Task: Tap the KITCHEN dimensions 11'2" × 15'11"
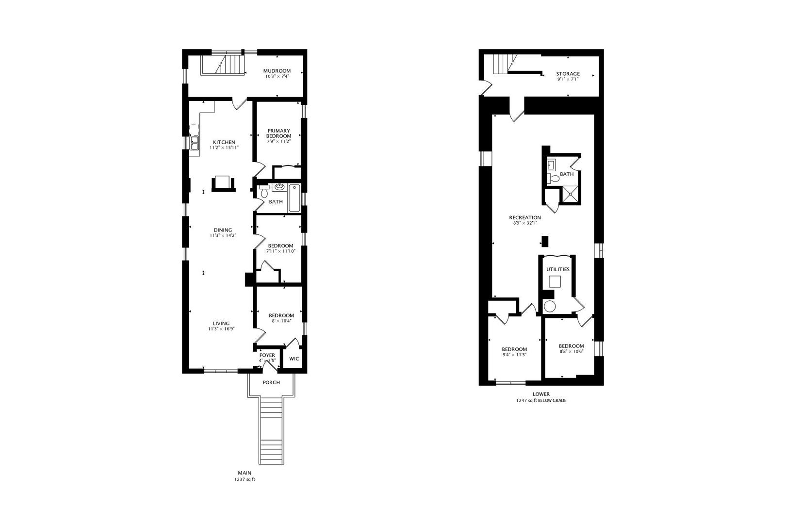click(x=224, y=147)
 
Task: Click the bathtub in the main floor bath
click(x=294, y=198)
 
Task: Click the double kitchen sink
click(x=195, y=142)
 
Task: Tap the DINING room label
click(x=223, y=230)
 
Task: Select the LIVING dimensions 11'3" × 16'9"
click(x=220, y=329)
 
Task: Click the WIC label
click(x=294, y=359)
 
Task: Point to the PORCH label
click(x=271, y=382)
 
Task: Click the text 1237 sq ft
click(x=245, y=479)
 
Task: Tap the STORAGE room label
click(x=568, y=74)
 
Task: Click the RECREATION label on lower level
click(x=525, y=217)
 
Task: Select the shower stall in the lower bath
click(x=570, y=195)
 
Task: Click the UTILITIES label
click(x=558, y=269)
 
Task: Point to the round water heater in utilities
click(x=550, y=306)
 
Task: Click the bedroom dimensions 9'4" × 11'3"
click(x=514, y=355)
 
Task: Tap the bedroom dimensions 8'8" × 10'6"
click(x=571, y=351)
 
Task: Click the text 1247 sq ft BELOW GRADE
click(x=541, y=401)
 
